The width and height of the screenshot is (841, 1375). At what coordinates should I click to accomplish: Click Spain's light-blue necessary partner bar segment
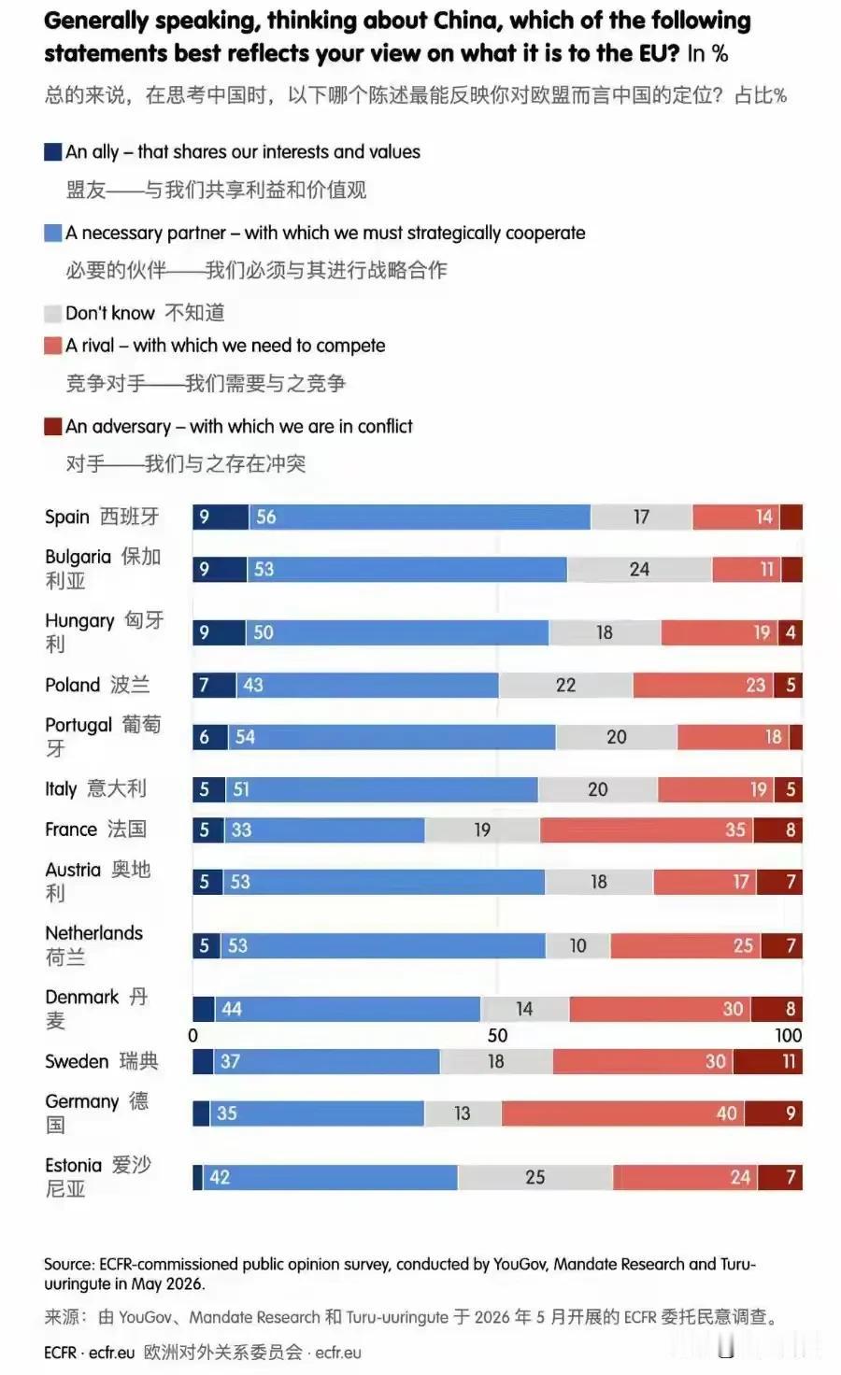tap(420, 517)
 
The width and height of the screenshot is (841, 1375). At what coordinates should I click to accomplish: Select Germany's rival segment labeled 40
tap(623, 1113)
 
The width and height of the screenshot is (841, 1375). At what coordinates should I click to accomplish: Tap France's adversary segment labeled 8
tap(777, 829)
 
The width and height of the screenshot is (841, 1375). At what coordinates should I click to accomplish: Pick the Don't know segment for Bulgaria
tap(640, 569)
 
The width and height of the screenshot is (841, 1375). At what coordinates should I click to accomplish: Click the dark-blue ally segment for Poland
tap(214, 685)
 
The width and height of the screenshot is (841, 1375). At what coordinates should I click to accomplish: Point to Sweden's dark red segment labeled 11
tap(768, 1061)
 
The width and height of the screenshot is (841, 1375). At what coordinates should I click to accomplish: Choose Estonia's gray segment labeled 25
tap(535, 1177)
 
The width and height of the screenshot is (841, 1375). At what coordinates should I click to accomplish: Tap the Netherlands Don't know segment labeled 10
tap(577, 945)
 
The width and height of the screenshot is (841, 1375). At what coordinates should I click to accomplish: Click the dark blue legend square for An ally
tap(52, 151)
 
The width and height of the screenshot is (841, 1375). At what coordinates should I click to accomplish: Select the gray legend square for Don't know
tap(52, 313)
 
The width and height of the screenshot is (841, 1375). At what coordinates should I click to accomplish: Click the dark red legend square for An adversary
tap(52, 426)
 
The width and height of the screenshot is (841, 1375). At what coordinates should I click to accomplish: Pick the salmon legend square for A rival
tap(52, 345)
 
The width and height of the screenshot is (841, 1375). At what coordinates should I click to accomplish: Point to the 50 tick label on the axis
tap(497, 1036)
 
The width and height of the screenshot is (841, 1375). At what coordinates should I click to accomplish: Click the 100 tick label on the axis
tap(789, 1036)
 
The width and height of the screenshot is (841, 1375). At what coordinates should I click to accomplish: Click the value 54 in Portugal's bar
tap(245, 737)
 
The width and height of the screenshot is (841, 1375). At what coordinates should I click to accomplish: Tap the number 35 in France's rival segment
tap(735, 829)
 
